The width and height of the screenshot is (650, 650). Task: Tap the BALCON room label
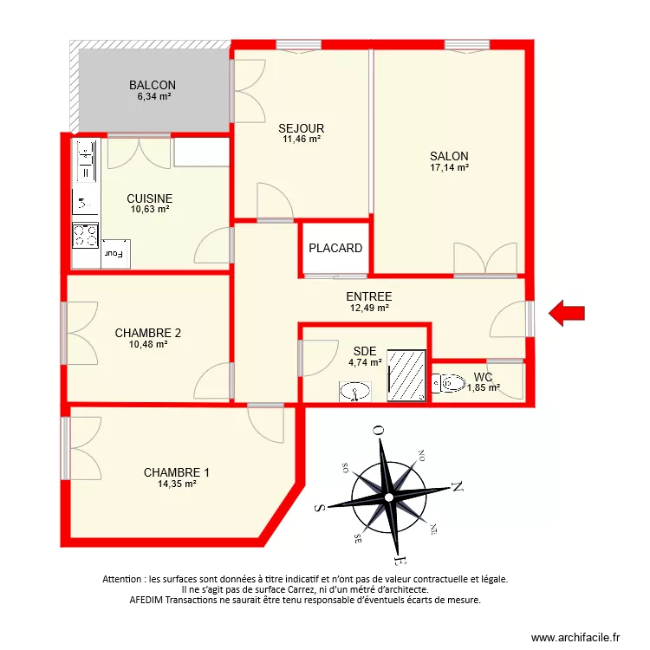(x=153, y=85)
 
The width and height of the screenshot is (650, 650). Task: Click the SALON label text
(x=449, y=156)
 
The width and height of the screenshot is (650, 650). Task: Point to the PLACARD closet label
(x=335, y=248)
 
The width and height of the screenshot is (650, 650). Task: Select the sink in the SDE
(x=354, y=393)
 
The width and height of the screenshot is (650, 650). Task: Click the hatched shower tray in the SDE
(x=406, y=375)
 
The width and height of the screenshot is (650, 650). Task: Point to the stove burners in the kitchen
(x=85, y=234)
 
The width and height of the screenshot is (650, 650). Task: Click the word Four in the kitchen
(x=114, y=254)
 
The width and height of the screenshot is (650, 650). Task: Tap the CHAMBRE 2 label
(x=148, y=333)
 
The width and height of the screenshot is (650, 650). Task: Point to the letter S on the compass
(x=320, y=508)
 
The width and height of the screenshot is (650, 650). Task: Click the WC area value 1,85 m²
(x=484, y=387)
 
